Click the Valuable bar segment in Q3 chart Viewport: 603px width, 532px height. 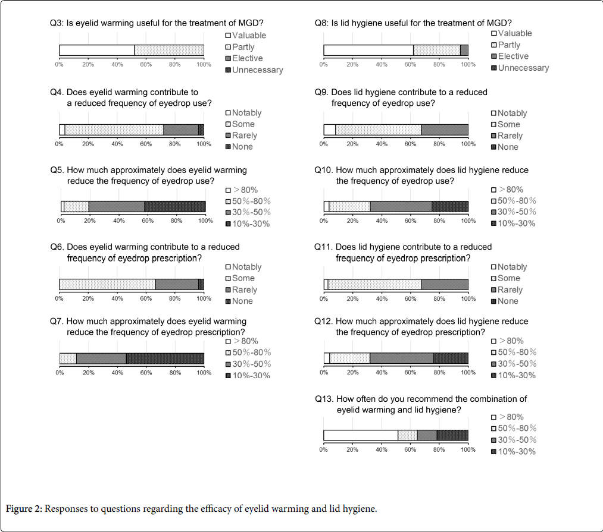click(x=96, y=50)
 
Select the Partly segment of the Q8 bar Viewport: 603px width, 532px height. click(x=436, y=50)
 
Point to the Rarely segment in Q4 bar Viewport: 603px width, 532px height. click(x=180, y=130)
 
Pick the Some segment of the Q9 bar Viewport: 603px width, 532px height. click(x=378, y=130)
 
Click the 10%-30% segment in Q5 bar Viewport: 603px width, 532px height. click(x=174, y=206)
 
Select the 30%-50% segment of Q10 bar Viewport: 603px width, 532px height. click(x=401, y=206)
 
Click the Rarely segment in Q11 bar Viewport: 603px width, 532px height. click(x=445, y=284)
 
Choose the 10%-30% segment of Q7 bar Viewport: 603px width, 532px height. click(x=165, y=358)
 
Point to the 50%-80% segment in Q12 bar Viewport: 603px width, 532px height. click(x=349, y=358)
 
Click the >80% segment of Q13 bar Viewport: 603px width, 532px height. click(x=360, y=435)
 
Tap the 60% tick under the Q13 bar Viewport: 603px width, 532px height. click(x=410, y=450)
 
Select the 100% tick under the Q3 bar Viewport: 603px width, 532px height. click(x=204, y=64)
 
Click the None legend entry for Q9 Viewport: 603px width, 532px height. click(x=508, y=147)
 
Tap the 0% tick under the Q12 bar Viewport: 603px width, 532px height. click(x=324, y=373)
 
